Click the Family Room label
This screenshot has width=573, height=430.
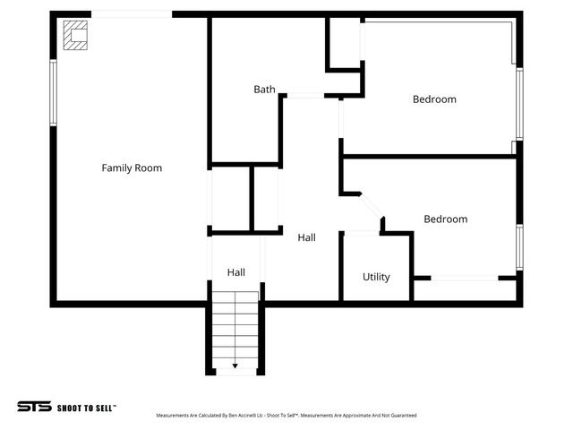pos(132,168)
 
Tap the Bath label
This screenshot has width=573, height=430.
pos(264,90)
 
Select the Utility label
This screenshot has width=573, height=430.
pos(376,277)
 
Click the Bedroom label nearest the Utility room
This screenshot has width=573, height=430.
pos(445,219)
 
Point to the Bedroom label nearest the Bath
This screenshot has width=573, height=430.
pos(434,99)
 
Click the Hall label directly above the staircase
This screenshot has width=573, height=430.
pos(236,272)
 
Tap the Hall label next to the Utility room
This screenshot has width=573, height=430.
pos(307,238)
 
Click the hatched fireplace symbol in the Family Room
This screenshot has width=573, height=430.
pos(76,35)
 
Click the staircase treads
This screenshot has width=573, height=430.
pos(236,331)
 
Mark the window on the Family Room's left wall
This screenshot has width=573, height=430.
pos(54,91)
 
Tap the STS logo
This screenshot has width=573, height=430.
pos(34,407)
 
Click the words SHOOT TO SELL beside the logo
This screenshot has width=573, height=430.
pos(87,408)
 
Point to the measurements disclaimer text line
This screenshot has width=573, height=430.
pos(286,416)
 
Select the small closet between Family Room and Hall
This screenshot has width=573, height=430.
pos(231,197)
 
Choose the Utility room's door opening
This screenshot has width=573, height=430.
pos(362,234)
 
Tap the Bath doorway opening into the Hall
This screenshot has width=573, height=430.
pos(305,96)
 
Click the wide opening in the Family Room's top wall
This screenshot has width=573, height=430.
pos(133,14)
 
